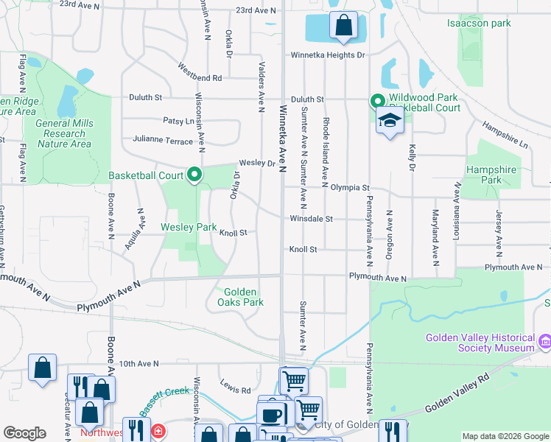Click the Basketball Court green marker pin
click(195, 175)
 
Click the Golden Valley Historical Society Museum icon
click(545, 342)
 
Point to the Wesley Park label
click(189, 228)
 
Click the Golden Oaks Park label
click(239, 297)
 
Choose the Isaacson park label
click(479, 24)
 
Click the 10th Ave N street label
click(138, 363)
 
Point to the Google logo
click(24, 433)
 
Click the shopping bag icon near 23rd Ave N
click(343, 26)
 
